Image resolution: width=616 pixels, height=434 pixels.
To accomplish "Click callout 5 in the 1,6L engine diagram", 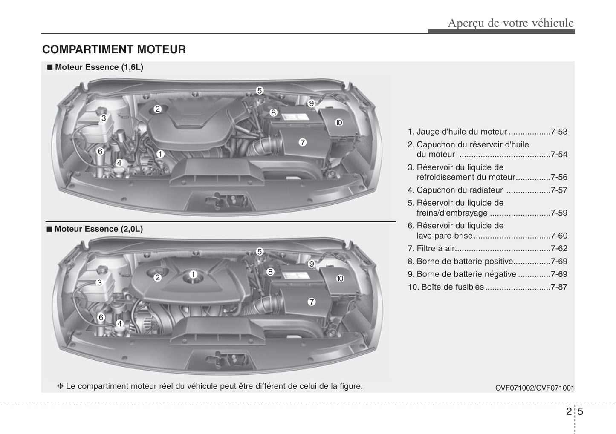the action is tap(259, 90).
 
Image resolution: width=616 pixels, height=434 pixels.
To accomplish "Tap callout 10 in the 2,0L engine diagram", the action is tap(340, 279).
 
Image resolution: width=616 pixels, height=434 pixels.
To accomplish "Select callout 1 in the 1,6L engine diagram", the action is tap(160, 154).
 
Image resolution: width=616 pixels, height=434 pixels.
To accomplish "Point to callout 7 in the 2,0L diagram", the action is tap(311, 302).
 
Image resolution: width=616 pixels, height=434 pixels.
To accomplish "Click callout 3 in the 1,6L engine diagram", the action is tap(104, 118).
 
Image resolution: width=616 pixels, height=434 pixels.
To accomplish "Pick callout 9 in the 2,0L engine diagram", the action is tap(311, 264).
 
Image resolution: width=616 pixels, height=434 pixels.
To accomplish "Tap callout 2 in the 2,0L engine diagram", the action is tap(157, 277).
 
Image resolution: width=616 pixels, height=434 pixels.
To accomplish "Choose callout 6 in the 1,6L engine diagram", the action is tap(100, 151).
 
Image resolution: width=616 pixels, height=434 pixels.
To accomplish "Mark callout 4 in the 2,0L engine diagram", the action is tap(119, 324).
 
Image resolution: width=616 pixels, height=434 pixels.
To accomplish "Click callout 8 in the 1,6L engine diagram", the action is tap(273, 112).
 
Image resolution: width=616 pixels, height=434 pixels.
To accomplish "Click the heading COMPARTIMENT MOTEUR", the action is tap(114, 49).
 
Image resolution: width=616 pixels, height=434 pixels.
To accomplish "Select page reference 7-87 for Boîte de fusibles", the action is tap(559, 287).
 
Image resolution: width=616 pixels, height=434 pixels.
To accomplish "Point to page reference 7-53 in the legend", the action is tap(559, 132).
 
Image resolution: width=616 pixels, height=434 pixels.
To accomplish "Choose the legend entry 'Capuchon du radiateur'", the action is tap(460, 190).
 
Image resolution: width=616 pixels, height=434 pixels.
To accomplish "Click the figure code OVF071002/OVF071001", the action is tap(535, 388).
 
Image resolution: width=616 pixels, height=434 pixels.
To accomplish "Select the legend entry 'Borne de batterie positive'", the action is tap(465, 261).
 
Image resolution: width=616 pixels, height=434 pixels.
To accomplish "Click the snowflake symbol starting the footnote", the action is tap(60, 386).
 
